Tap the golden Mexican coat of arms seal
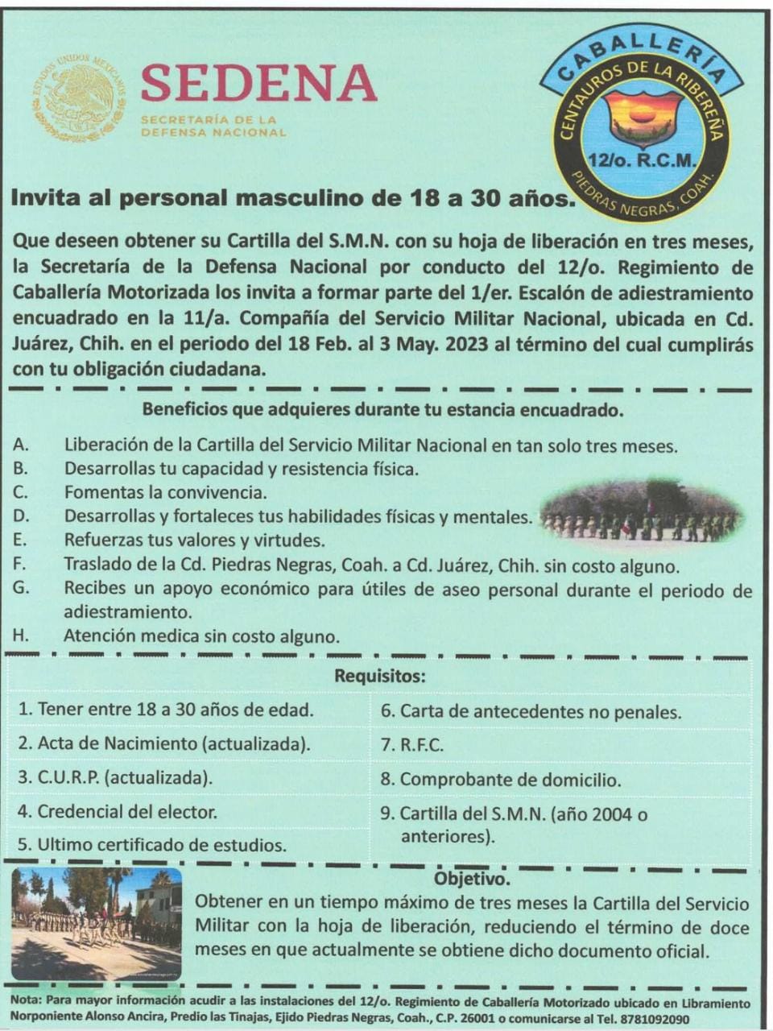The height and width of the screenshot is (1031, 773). click(79, 99)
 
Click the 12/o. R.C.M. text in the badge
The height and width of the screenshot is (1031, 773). click(641, 160)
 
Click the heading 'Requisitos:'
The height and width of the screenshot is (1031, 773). click(380, 676)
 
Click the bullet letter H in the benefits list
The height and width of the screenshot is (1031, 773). click(21, 636)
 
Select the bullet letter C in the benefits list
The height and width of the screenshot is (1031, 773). click(21, 491)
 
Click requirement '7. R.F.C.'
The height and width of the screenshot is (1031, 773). click(412, 745)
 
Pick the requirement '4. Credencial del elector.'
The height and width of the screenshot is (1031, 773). click(118, 811)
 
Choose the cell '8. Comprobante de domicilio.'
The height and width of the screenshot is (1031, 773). click(501, 780)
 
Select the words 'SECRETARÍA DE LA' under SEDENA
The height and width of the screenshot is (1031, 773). click(209, 120)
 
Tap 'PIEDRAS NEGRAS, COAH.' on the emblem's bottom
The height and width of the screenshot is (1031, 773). click(644, 194)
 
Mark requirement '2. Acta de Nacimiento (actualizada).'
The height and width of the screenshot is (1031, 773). click(164, 743)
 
